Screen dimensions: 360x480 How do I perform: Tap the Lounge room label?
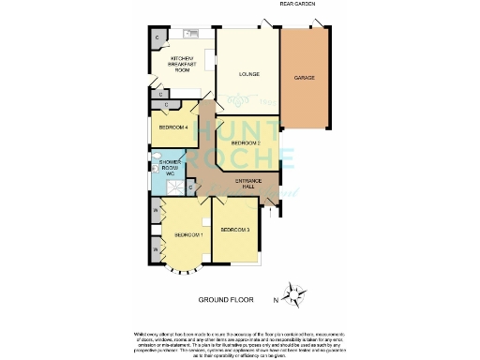click(248, 73)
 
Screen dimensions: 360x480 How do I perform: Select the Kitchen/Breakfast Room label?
click(180, 65)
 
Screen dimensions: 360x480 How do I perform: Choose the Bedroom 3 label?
click(234, 229)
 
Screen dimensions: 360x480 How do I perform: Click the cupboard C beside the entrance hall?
click(191, 187)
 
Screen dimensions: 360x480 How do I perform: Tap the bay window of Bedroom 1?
click(183, 275)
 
